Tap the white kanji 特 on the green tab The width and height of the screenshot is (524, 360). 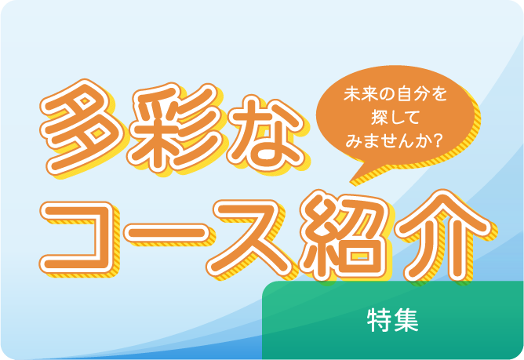pos(378,319)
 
